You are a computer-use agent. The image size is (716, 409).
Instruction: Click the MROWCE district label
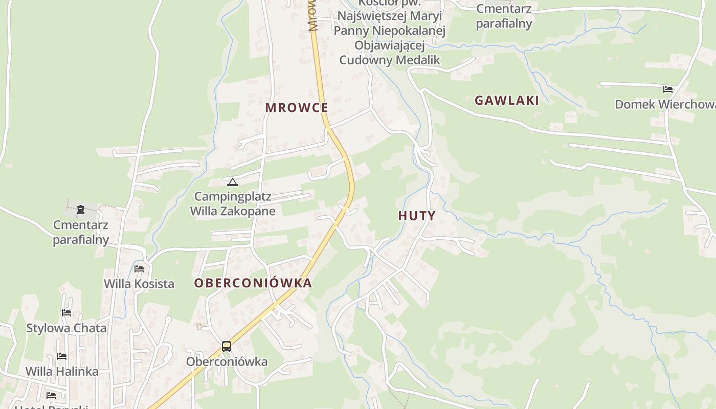tap(297, 108)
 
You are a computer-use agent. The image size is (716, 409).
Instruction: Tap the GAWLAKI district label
tap(506, 100)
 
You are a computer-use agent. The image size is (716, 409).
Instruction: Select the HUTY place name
tap(417, 216)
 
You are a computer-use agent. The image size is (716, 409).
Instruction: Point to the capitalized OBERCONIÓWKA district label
tap(253, 283)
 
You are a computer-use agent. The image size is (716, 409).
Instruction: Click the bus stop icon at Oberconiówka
tap(227, 347)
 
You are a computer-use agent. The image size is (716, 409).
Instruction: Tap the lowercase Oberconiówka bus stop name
tap(227, 362)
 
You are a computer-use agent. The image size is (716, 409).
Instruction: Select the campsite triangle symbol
tap(233, 182)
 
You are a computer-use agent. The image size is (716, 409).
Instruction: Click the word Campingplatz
tap(233, 197)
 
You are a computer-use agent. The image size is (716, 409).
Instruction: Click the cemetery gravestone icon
tap(81, 209)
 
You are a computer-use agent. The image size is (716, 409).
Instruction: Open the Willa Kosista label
tap(139, 284)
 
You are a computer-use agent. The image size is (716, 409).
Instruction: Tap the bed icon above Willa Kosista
tap(139, 269)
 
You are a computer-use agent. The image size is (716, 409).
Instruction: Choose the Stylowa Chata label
tap(66, 328)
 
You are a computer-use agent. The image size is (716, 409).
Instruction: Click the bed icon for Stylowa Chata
tap(66, 313)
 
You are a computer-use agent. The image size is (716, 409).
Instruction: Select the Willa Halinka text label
tap(62, 371)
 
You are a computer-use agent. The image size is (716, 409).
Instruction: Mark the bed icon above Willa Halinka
tap(62, 356)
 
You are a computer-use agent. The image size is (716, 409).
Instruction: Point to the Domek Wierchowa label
tap(665, 104)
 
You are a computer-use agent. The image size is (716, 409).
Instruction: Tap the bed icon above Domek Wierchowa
tap(668, 89)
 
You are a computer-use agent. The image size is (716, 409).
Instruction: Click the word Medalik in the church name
tap(416, 60)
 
